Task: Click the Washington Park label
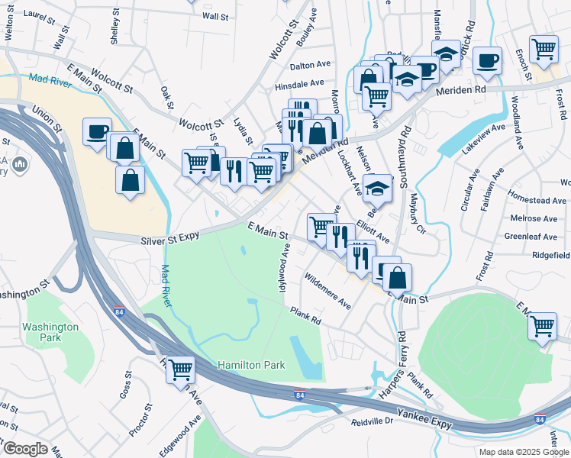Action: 50,331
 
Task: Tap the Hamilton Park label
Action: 251,365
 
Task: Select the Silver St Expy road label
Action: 169,240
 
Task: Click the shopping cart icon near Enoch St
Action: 543,49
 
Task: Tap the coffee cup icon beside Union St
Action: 97,131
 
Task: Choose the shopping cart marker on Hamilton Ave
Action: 180,370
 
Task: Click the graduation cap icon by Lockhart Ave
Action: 377,188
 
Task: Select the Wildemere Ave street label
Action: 327,291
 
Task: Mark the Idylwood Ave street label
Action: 285,262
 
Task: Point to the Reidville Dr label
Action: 372,421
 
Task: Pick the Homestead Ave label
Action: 538,201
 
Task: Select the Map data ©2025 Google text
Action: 523,452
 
